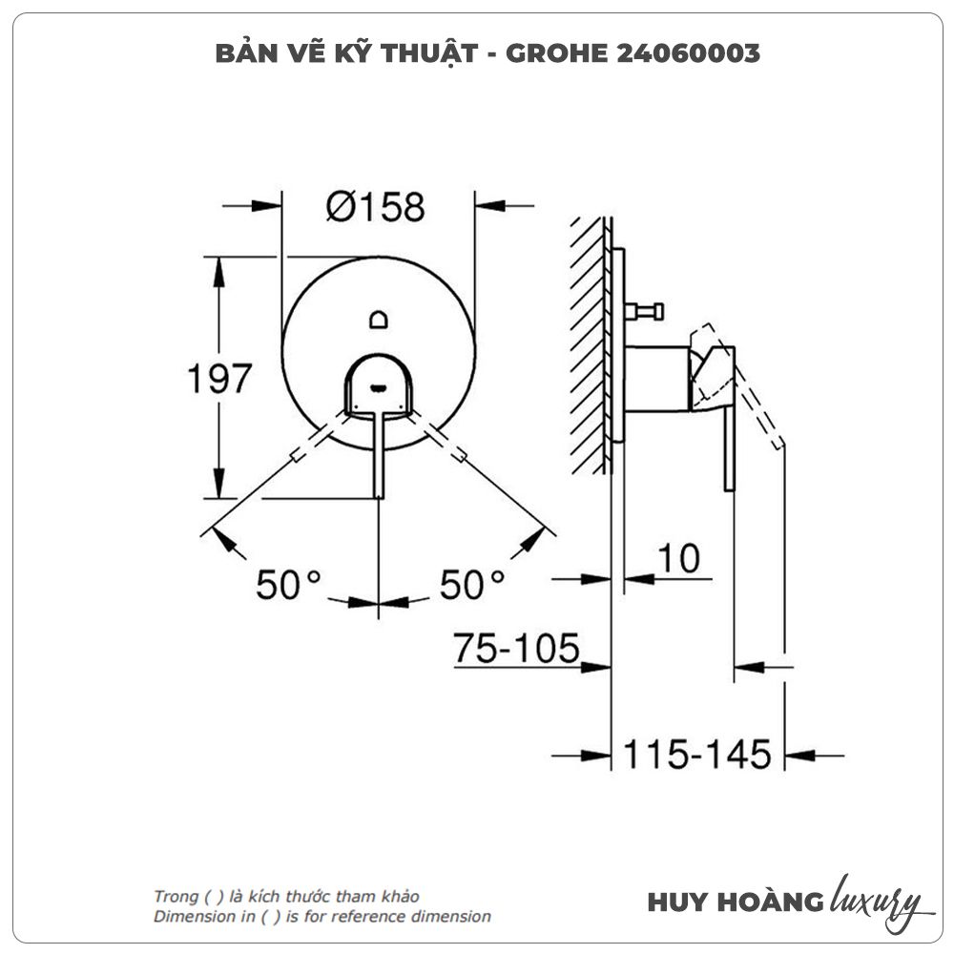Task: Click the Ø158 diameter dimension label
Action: [x=375, y=207]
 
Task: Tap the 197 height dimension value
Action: [x=218, y=379]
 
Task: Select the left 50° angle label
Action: [x=289, y=584]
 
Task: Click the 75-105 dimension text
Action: [x=516, y=649]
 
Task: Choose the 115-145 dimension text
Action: [x=696, y=755]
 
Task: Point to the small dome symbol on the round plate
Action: [x=380, y=319]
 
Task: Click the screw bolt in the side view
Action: [x=645, y=310]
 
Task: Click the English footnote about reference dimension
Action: [x=322, y=917]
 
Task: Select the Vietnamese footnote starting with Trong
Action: [x=286, y=897]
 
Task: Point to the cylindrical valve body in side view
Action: [x=656, y=379]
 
